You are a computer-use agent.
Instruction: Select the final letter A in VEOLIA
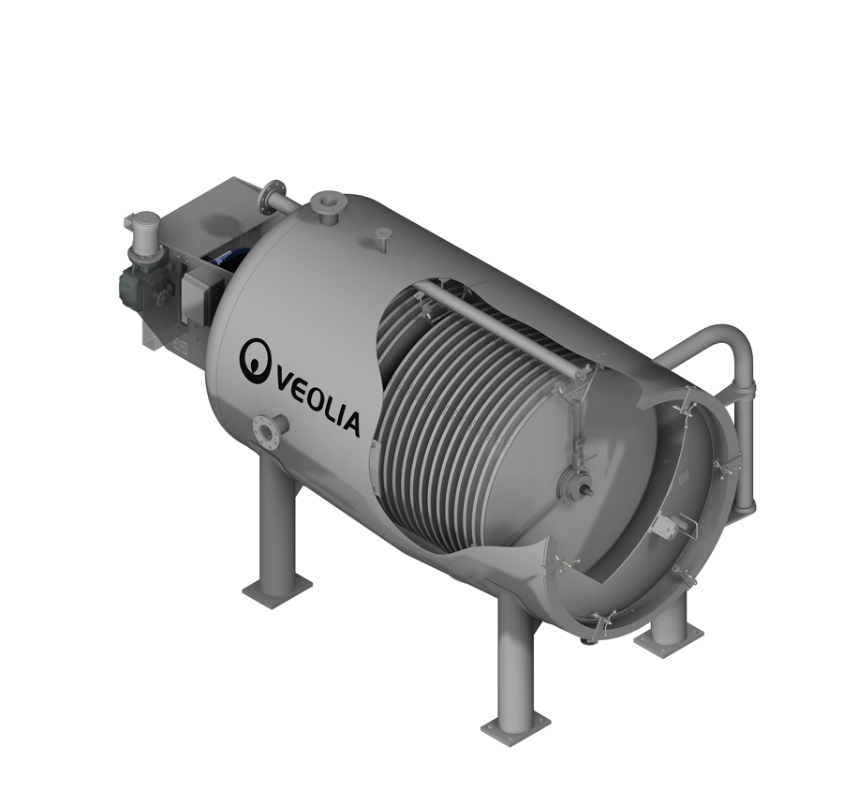(349, 424)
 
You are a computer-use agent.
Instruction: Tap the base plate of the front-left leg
(277, 591)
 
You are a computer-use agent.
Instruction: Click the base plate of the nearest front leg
(516, 725)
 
